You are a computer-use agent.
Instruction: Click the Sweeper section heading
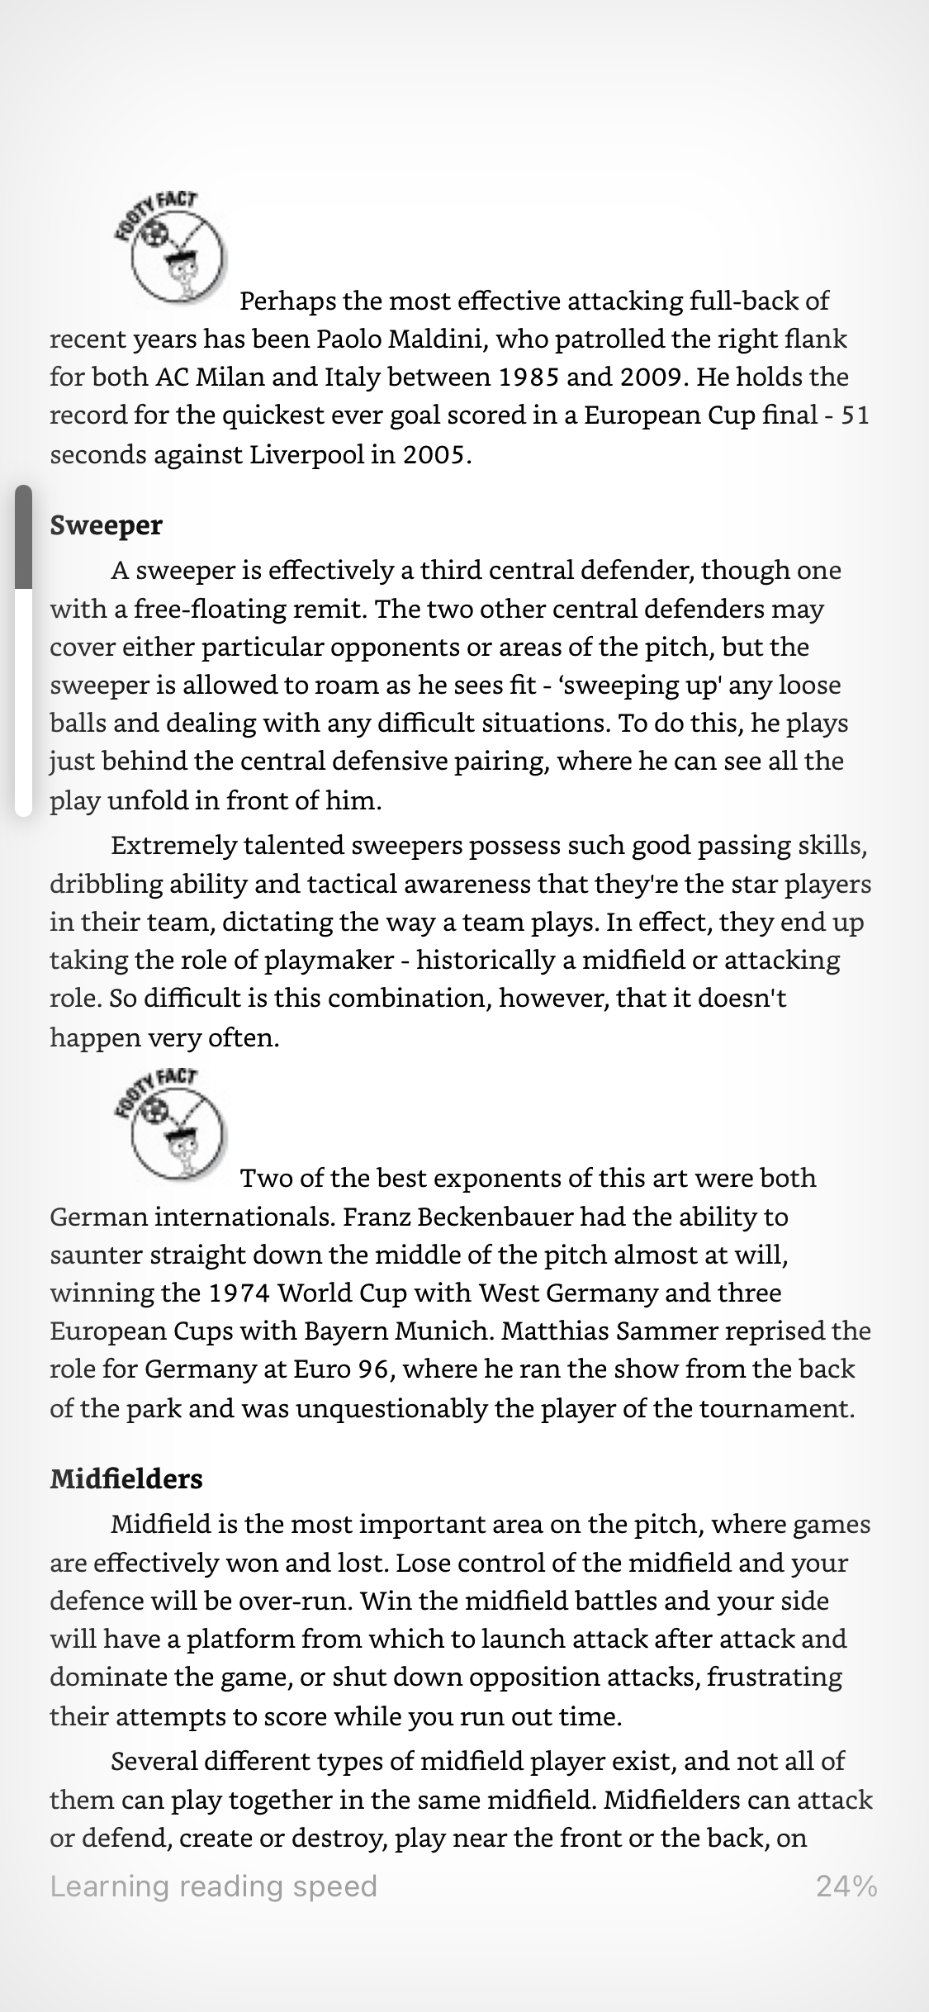[107, 525]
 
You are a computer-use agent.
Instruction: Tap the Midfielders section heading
[126, 1478]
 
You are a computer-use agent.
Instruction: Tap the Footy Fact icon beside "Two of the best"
[171, 1125]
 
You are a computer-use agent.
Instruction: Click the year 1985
[531, 377]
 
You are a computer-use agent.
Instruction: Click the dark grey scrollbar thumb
[23, 537]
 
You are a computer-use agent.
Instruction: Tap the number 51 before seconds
[855, 415]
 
